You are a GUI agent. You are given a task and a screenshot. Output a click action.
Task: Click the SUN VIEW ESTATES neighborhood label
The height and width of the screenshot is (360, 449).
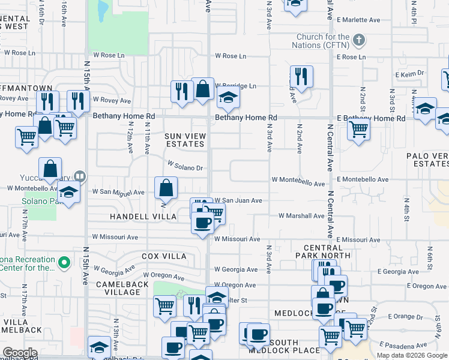(x=185, y=140)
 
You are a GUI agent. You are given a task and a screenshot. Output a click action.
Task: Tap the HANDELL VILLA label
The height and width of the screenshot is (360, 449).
(x=143, y=216)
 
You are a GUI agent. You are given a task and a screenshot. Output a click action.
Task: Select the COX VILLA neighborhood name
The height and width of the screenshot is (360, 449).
(x=164, y=256)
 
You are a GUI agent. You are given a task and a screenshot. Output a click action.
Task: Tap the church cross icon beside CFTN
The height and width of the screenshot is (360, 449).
(x=358, y=41)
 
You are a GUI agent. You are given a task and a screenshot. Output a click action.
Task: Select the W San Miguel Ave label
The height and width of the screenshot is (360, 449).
(x=118, y=193)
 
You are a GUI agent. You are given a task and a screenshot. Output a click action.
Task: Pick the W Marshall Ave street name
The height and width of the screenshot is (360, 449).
(x=301, y=216)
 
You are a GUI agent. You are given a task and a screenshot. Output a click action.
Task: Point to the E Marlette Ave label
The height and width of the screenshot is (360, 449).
(x=358, y=20)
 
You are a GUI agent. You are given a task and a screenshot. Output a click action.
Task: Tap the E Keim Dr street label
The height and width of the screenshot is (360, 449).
(x=410, y=74)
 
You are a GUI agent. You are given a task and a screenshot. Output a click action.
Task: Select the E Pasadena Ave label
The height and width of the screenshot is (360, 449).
(x=408, y=346)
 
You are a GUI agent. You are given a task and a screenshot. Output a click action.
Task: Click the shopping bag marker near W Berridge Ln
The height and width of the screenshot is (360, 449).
(x=203, y=88)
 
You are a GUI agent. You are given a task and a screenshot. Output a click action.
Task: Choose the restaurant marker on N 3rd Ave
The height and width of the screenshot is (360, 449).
(x=301, y=76)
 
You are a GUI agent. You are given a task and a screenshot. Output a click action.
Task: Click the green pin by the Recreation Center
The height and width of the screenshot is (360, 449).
(x=65, y=262)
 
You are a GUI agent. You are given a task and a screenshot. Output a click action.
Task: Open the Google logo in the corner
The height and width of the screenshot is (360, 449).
(x=20, y=353)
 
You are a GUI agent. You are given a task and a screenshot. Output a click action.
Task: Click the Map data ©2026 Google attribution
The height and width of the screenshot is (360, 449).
(x=412, y=355)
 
